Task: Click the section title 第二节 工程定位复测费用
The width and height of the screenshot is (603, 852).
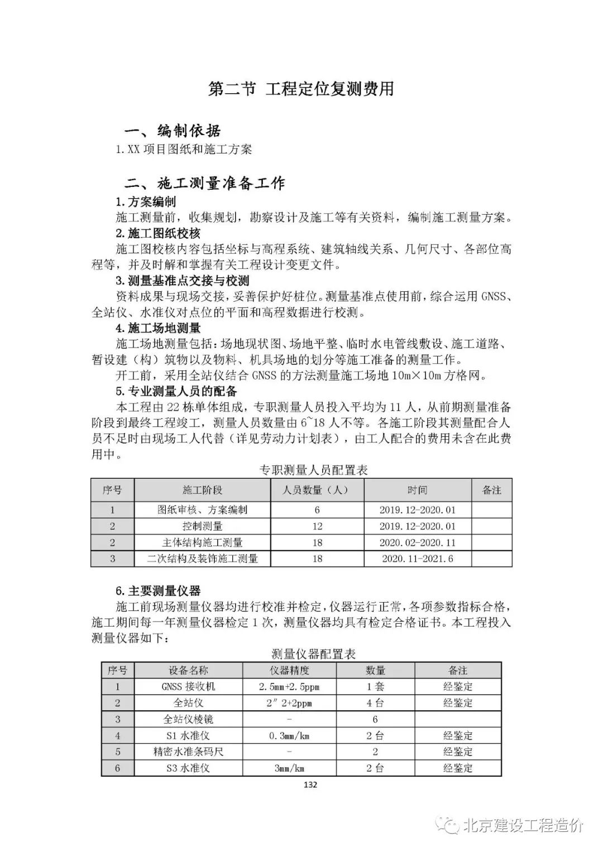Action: (301, 89)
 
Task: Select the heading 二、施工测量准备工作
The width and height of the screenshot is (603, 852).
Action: (204, 183)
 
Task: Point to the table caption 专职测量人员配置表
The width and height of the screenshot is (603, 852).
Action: (313, 470)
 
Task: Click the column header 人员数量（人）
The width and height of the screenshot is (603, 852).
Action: (317, 490)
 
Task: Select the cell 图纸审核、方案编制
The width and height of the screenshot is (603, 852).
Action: (202, 509)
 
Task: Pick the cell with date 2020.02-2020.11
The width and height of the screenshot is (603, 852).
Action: (418, 542)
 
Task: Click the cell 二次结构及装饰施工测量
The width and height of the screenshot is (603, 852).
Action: (202, 559)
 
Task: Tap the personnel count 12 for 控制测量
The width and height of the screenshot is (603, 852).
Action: (317, 526)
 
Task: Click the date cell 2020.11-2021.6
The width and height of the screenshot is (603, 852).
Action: (418, 559)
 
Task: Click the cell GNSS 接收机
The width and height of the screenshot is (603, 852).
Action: (188, 687)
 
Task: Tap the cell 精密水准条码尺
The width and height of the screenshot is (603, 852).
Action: (188, 752)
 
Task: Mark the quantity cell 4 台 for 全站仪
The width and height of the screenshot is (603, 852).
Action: (375, 703)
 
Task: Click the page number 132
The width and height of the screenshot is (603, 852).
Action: (310, 784)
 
